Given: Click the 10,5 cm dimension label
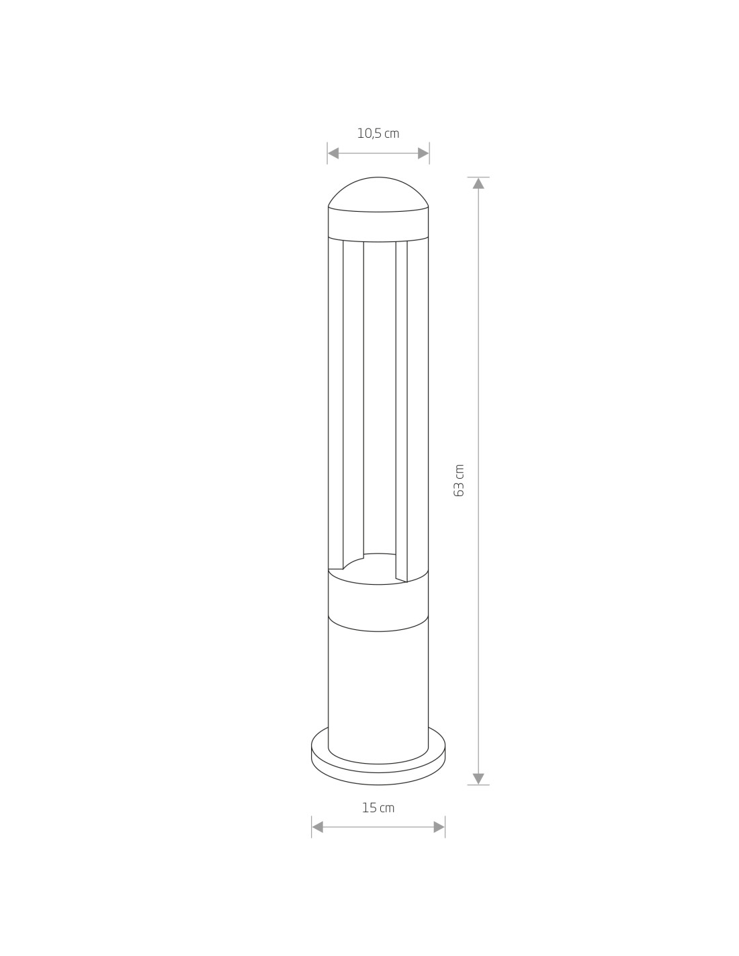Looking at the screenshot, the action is (378, 133).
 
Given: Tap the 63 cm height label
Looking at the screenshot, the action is (459, 481).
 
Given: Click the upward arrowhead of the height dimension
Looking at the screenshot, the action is (478, 184).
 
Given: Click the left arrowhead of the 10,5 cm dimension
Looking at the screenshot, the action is (333, 153).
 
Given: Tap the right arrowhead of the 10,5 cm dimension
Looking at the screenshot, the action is (423, 153).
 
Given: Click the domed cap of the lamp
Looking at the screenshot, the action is (378, 194).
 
